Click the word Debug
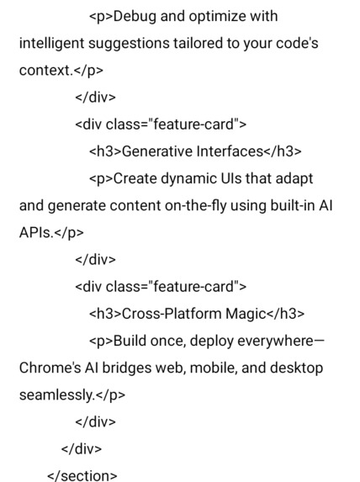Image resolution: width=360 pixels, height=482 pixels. (x=133, y=16)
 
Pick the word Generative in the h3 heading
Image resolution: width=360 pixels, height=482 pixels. (x=155, y=151)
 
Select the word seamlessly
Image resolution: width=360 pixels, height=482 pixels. (x=55, y=395)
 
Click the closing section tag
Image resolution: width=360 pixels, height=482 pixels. (x=82, y=475)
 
